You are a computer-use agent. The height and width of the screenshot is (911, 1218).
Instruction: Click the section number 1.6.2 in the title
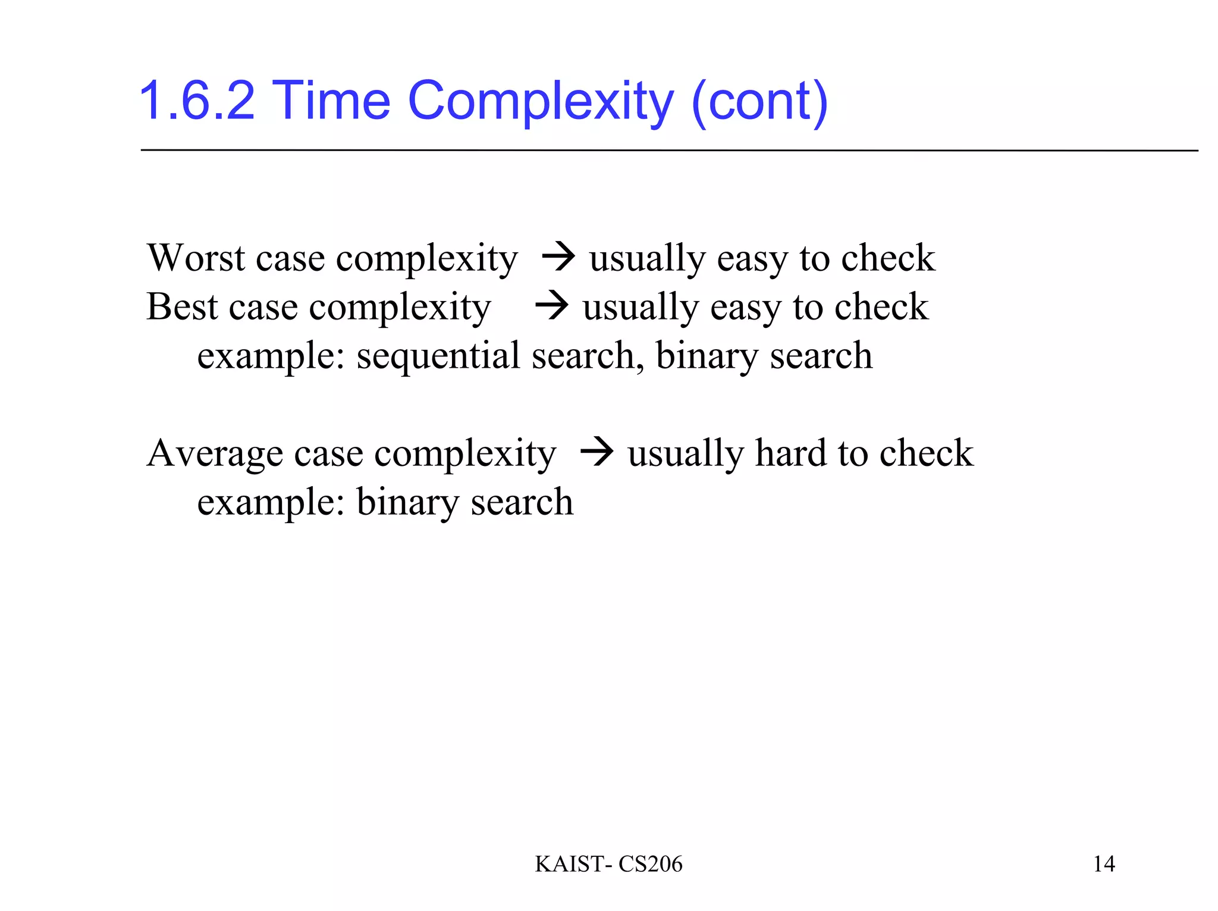(197, 101)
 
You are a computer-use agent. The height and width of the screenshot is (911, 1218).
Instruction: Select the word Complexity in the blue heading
(541, 102)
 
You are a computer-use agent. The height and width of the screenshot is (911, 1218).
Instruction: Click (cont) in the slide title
(759, 102)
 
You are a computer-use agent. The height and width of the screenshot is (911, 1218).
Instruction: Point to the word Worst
(196, 258)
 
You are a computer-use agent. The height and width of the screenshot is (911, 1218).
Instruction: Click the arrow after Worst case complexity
(558, 258)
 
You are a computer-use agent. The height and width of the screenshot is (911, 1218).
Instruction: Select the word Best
(183, 307)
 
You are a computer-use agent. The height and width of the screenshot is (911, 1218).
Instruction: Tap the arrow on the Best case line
(551, 307)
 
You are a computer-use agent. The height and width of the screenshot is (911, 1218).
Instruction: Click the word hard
(790, 453)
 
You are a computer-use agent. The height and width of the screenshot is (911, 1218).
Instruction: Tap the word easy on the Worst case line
(752, 258)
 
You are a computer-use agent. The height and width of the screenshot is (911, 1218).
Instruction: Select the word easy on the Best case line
(745, 308)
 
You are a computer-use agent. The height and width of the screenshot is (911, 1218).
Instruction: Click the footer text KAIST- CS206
(608, 864)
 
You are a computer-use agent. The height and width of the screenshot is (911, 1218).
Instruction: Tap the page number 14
(1104, 864)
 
